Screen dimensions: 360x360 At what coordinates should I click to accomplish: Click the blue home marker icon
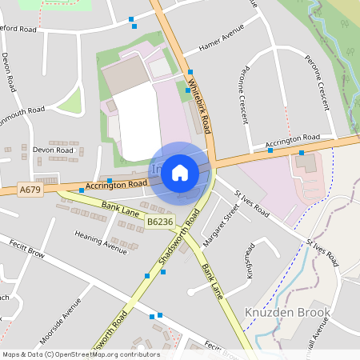coord(180,173)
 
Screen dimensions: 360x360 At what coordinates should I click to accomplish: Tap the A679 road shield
coord(30,190)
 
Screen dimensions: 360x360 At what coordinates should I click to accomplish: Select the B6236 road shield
coord(160,222)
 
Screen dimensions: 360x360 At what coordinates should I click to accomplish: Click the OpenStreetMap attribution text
coord(80,354)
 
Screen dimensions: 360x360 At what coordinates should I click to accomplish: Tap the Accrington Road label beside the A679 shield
coord(116,185)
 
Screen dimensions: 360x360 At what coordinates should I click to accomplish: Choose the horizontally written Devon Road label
coord(54,150)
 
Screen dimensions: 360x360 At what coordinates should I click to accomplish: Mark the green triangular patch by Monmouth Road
coord(70,102)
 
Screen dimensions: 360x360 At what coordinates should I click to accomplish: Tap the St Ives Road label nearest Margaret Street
coord(251,204)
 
